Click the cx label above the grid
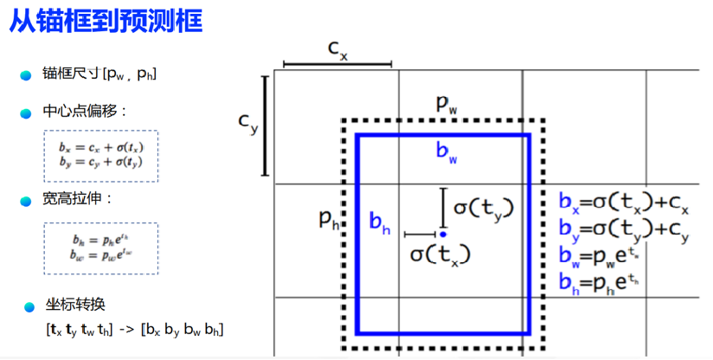click(337, 48)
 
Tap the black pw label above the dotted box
click(446, 105)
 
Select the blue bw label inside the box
click(446, 153)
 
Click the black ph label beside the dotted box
click(329, 218)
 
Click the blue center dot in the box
click(442, 234)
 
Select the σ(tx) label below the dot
click(440, 254)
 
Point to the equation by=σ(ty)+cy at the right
click(624, 231)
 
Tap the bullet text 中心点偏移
click(85, 112)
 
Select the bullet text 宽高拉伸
click(78, 200)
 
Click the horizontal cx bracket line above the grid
click(337, 63)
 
